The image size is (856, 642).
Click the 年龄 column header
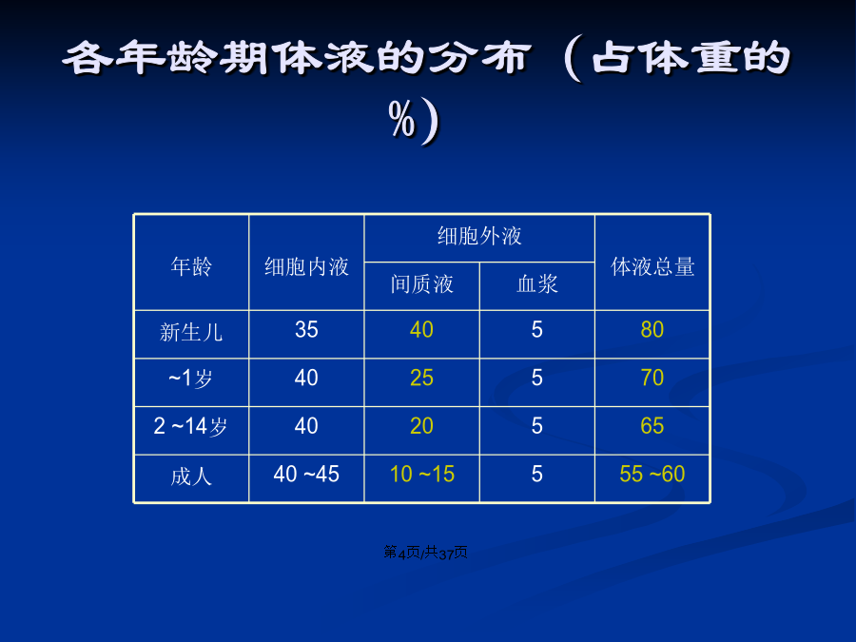pos(191,267)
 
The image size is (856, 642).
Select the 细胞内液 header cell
pos(306,267)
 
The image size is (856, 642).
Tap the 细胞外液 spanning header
pos(479,237)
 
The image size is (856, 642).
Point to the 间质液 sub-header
pos(421,284)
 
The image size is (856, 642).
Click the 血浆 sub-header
pos(537,284)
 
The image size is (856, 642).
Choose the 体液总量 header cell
pos(652,267)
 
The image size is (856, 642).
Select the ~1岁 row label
pos(190,378)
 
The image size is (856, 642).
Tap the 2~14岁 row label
pos(190,426)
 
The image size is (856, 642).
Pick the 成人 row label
pos(191,477)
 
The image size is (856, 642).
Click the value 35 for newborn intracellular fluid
pos(306,330)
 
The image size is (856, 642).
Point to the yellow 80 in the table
pos(652,330)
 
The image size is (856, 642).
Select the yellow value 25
pos(421,378)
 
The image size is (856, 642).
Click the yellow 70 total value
pos(652,378)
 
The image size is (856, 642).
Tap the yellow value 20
pos(421,426)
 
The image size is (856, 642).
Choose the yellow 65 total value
pos(652,426)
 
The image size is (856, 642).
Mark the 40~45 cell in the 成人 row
pos(306,474)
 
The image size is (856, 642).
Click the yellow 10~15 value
pos(422,474)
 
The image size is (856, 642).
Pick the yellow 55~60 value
pos(652,474)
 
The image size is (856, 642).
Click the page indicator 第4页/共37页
pos(425,553)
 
